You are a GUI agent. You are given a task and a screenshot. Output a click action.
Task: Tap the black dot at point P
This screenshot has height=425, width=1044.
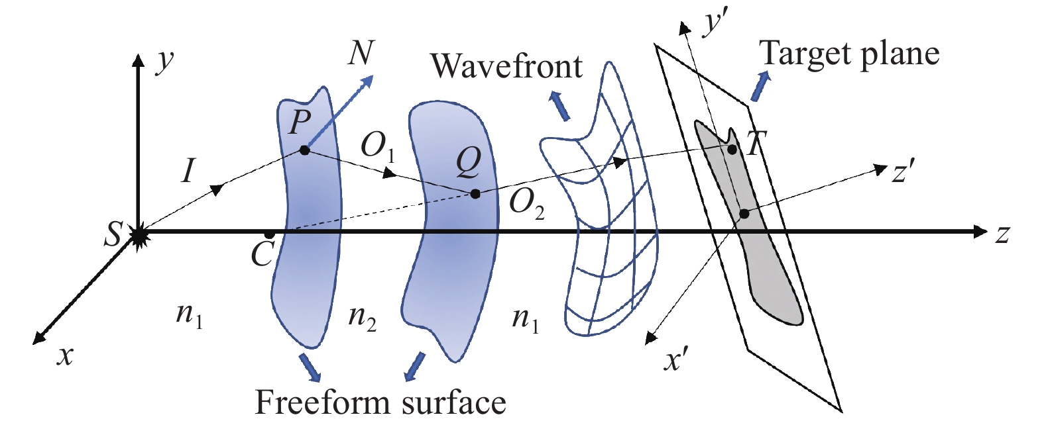tap(304, 150)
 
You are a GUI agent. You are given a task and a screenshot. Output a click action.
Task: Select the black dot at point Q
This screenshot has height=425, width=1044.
tap(475, 194)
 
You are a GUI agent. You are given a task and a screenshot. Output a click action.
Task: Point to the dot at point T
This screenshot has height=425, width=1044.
tap(732, 150)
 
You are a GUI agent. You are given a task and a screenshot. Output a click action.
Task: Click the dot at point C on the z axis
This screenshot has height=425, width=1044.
tap(269, 235)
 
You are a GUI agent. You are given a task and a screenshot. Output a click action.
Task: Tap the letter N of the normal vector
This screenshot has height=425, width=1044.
tap(361, 53)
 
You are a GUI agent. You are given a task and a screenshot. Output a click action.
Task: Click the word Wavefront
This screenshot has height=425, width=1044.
tap(506, 66)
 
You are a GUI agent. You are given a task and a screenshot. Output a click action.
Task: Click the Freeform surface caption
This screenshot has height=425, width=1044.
tap(380, 402)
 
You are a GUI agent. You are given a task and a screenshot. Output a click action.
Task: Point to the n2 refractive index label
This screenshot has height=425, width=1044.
tap(362, 319)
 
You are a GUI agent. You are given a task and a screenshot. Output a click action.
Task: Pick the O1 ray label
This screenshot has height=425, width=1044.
tap(377, 147)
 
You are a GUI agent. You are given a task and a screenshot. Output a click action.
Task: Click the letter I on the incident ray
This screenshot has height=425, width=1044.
tap(189, 171)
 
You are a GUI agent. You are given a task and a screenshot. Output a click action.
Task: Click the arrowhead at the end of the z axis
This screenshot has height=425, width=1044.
tap(980, 232)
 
